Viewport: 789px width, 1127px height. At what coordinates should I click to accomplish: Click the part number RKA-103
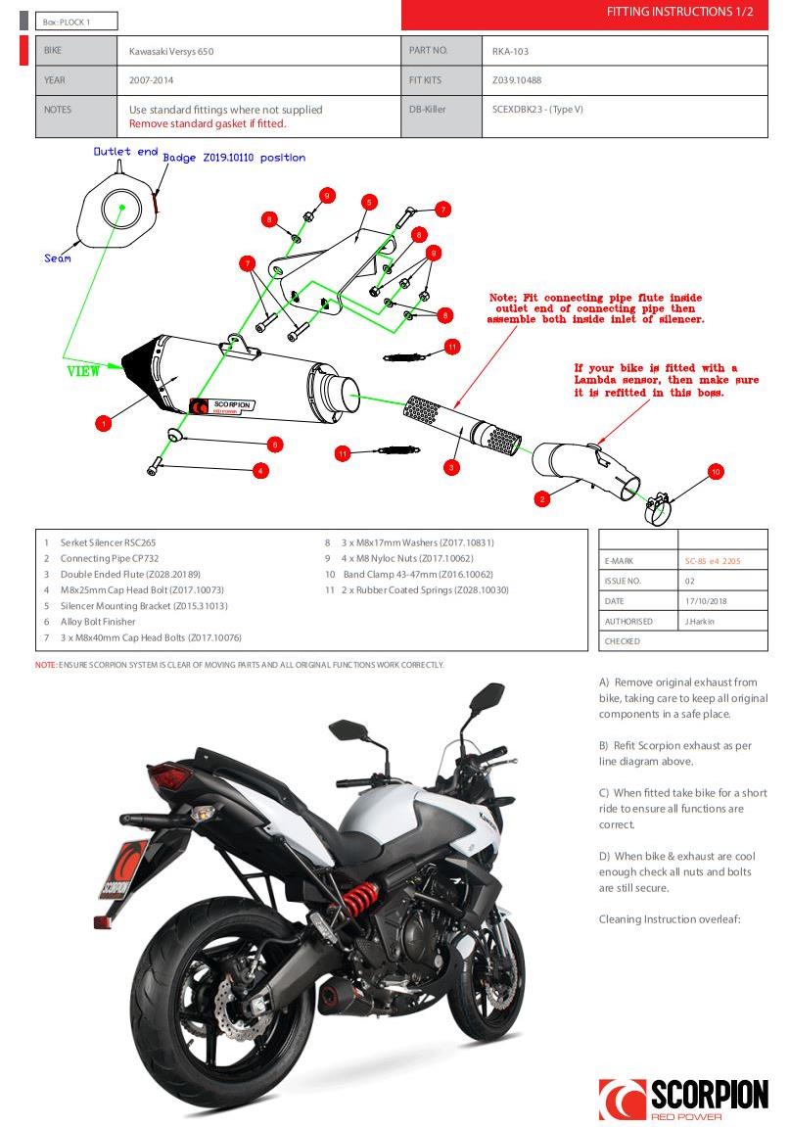[511, 51]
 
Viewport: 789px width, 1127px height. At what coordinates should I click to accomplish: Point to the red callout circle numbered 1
[104, 423]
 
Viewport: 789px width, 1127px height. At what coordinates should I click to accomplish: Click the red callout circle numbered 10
[716, 472]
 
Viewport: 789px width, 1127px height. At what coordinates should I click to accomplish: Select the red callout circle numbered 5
[368, 202]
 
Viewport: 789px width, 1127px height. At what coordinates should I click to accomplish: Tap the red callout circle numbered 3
[451, 467]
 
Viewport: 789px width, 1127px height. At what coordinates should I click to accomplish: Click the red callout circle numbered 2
[542, 498]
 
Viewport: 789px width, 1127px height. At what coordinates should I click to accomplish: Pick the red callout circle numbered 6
[276, 445]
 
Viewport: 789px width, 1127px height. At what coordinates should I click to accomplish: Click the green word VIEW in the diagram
[83, 372]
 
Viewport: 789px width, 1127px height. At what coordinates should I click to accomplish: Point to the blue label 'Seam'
[58, 258]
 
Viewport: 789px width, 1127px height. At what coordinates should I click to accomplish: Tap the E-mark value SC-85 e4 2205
[713, 561]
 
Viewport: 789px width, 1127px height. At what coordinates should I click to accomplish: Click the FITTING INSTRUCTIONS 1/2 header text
[680, 12]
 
